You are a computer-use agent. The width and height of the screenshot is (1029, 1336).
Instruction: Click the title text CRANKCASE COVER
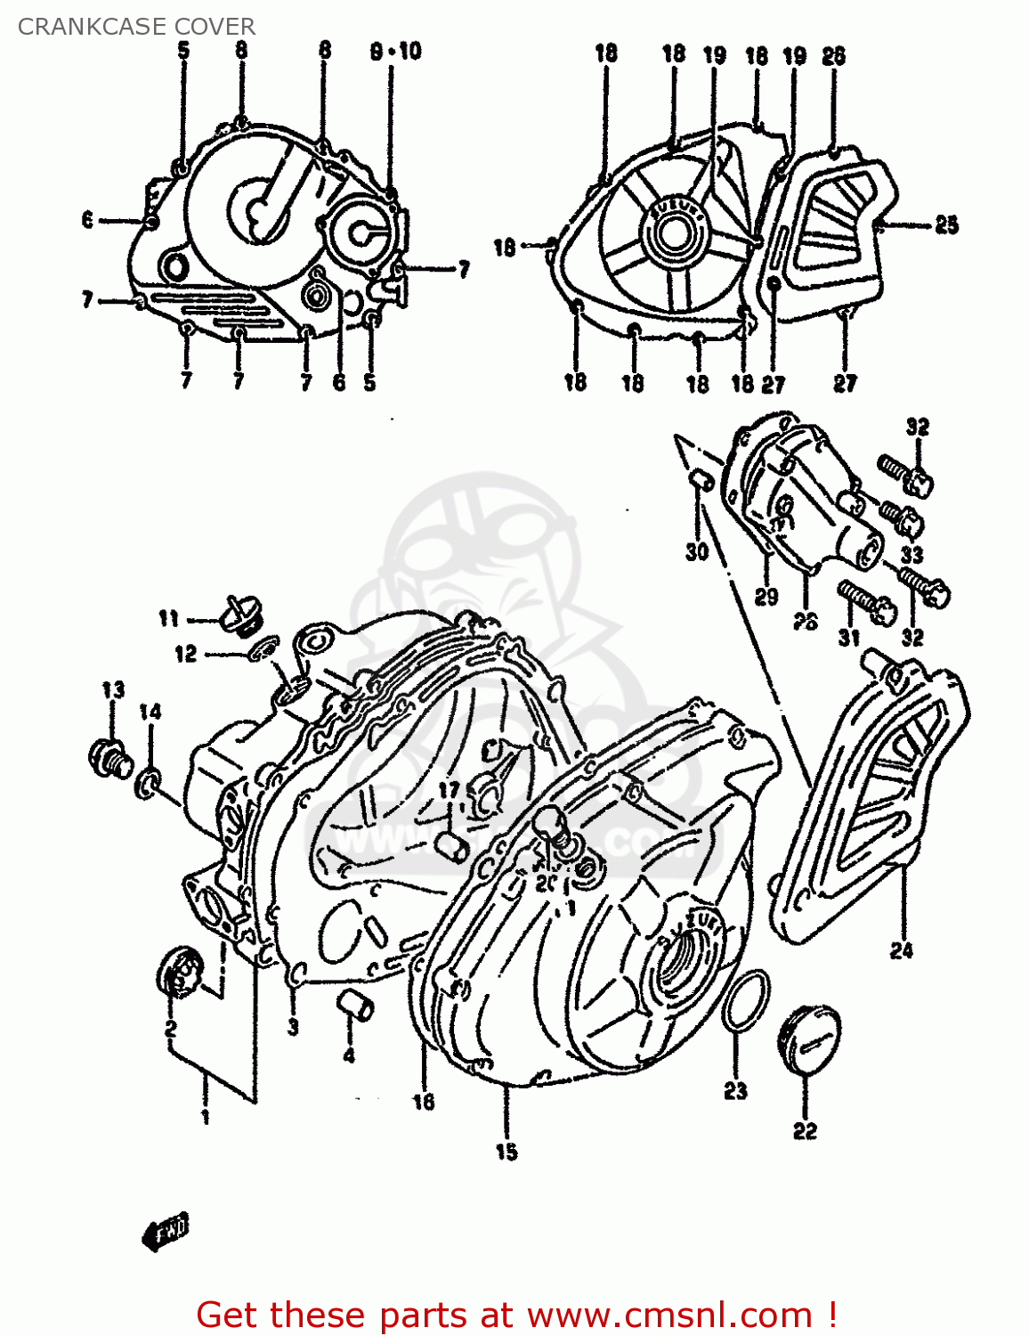tap(136, 27)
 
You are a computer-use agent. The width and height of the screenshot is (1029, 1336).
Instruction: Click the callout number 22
tap(805, 1130)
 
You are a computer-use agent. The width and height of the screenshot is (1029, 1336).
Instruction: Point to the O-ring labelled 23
tap(745, 1001)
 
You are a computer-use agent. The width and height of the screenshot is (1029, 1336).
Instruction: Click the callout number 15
tap(506, 1152)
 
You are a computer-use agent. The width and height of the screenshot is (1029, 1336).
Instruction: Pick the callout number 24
tap(902, 950)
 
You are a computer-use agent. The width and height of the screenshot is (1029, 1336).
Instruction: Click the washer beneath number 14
tap(149, 785)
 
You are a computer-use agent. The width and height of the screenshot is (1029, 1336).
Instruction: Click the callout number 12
tap(185, 654)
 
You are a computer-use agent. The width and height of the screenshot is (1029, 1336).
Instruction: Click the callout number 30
tap(696, 551)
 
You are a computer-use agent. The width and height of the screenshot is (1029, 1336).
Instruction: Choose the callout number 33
tap(912, 555)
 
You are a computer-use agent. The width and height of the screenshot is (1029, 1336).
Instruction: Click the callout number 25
tap(946, 224)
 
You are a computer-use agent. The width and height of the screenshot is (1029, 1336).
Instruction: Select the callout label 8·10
tap(395, 52)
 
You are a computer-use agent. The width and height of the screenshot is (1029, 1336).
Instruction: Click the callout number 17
tap(449, 790)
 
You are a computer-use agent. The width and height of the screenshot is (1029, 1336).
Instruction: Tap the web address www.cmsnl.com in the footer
tap(669, 1315)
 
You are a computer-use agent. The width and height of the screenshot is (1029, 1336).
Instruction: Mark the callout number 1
tap(206, 1116)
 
